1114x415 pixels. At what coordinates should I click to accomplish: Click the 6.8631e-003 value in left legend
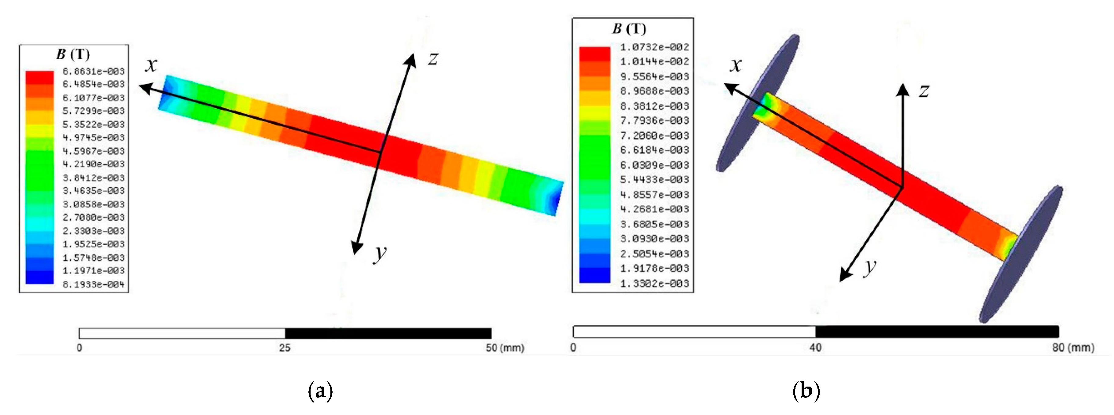[93, 71]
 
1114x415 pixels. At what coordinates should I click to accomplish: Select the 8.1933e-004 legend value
[93, 284]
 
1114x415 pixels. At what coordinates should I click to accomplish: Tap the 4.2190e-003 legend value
[93, 164]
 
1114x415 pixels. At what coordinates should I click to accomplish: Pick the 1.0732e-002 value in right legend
[654, 47]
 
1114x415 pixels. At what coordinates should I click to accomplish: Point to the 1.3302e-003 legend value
[654, 284]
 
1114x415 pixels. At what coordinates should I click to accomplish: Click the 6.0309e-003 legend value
[654, 165]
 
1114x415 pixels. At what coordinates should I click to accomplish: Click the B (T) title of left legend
[73, 54]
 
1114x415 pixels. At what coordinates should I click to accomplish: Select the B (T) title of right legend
[629, 28]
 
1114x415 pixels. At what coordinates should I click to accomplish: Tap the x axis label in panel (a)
[151, 65]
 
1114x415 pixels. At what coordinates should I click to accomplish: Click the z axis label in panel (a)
[433, 58]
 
